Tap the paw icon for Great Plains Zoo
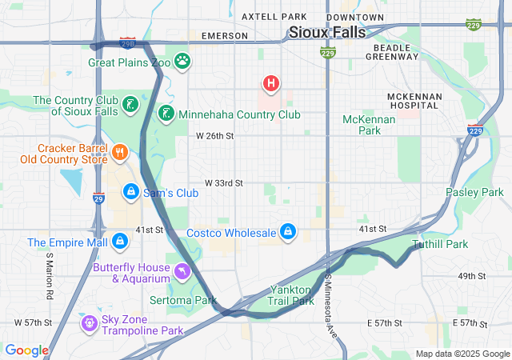pos(183,61)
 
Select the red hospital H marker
pos(271,82)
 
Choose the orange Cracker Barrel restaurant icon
pos(120,152)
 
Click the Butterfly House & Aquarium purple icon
pos(182,273)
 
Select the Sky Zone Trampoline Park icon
pos(89,322)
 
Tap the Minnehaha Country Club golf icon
pos(166,114)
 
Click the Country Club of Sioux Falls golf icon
pos(130,104)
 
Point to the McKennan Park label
pos(369,124)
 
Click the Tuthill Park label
pos(440,244)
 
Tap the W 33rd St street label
pos(223,183)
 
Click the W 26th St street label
pos(214,136)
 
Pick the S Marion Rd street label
pos(50,277)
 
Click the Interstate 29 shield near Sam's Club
pos(98,198)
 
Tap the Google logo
pos(26,350)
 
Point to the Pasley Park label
pos(474,193)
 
